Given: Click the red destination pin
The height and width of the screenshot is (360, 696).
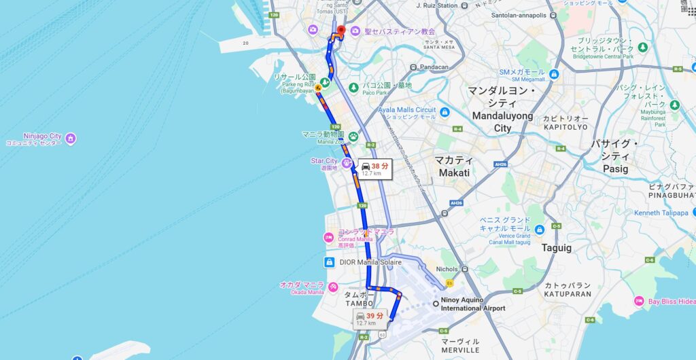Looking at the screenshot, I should click(x=341, y=31).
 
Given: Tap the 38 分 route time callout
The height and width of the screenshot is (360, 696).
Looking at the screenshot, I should click(x=375, y=168).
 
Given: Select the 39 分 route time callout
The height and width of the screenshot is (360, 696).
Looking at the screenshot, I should click(x=370, y=318).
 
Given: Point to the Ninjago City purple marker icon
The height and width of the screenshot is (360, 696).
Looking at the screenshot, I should click(x=71, y=139).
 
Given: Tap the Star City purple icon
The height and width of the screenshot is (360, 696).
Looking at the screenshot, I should click(x=347, y=163).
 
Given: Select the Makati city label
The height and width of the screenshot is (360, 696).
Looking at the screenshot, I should click(x=453, y=166).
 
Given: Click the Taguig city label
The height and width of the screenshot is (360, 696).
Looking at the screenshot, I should click(x=557, y=248).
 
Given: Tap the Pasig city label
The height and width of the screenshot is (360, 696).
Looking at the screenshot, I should click(x=615, y=156).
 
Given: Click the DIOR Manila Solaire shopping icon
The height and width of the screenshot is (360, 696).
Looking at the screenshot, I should click(x=329, y=262).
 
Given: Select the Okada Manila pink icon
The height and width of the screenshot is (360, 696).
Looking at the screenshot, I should click(x=332, y=287).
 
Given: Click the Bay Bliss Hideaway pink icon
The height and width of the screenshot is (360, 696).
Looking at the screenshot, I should click(x=639, y=301).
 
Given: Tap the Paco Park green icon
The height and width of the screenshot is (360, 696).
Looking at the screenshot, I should click(x=353, y=88).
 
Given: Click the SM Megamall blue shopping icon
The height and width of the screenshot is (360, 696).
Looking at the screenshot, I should click(x=554, y=75).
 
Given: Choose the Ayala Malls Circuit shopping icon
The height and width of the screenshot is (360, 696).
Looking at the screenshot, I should click(x=445, y=112).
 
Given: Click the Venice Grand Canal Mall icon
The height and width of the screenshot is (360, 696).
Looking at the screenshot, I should click(x=539, y=230).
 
